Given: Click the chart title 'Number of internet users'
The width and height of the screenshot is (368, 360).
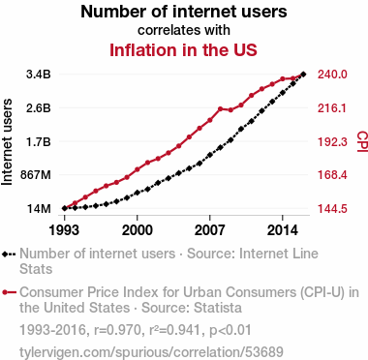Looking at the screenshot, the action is click(x=184, y=12).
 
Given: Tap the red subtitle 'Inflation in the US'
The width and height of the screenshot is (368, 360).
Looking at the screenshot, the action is click(x=183, y=50).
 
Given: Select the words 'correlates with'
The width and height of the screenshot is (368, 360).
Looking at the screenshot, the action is click(x=184, y=30).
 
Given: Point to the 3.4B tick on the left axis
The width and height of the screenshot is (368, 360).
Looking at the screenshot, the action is click(x=39, y=75).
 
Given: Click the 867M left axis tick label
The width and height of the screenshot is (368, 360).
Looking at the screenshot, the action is click(x=36, y=175).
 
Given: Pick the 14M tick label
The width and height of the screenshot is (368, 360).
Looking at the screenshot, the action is click(x=39, y=208).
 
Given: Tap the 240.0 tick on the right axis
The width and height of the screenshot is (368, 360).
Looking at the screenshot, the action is click(x=332, y=75).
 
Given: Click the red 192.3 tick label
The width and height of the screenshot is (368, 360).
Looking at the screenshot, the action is click(x=332, y=141).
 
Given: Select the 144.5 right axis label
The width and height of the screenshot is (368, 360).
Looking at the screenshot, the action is click(x=332, y=208).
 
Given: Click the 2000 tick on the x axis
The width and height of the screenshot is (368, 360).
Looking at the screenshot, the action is click(x=138, y=230).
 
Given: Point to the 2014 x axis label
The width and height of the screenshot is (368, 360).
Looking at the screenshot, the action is click(x=283, y=230).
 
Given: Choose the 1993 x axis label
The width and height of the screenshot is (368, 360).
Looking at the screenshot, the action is click(x=64, y=230).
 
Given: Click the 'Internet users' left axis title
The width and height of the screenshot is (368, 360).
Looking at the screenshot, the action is click(x=7, y=142).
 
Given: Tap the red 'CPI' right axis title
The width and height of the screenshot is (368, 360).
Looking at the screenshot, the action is click(x=362, y=141).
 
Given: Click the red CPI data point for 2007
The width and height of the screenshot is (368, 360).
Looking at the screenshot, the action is click(x=210, y=120).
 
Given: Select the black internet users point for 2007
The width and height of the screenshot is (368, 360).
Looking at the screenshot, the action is click(x=210, y=155).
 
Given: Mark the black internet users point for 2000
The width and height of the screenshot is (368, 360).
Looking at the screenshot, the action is click(x=138, y=193).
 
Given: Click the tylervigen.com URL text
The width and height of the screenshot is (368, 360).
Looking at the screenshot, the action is click(x=151, y=352).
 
